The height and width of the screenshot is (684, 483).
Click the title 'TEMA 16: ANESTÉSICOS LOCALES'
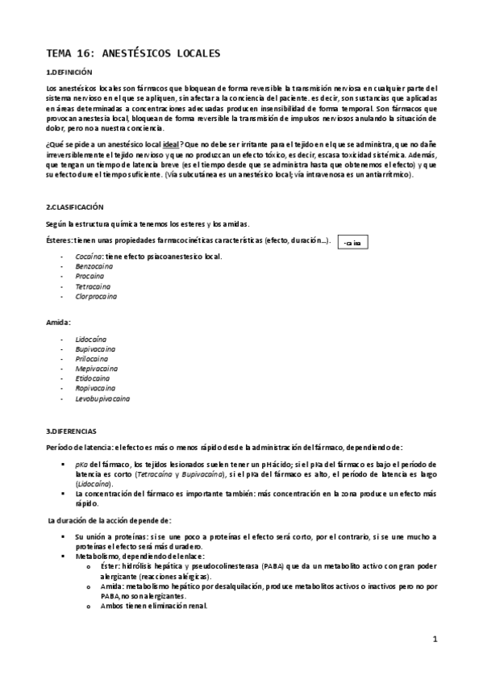(132, 54)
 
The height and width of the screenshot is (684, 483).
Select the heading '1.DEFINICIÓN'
(70, 73)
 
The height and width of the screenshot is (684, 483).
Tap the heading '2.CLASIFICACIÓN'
(75, 207)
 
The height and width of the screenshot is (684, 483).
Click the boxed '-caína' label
(352, 241)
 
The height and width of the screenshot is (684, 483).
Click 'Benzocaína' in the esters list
(94, 266)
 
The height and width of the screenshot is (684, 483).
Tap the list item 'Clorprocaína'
(96, 296)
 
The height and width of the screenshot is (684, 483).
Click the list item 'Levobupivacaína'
(102, 398)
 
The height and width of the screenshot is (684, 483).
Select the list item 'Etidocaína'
(93, 378)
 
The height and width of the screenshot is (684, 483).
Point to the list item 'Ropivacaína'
(94, 388)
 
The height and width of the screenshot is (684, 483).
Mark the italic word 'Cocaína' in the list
(89, 256)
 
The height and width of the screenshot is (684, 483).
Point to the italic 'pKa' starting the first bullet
(81, 464)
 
